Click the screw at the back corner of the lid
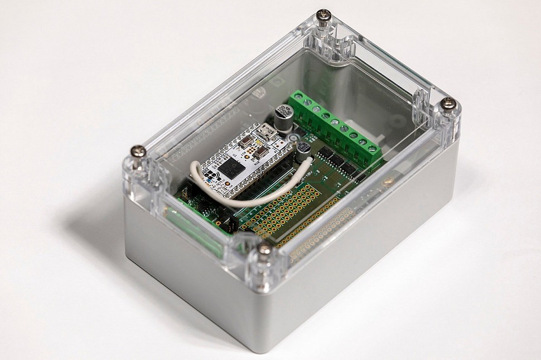tap(323, 15)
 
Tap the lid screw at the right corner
tap(448, 104)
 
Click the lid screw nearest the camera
tap(264, 250)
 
